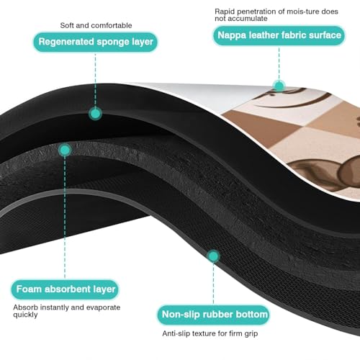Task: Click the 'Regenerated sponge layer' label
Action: tap(96, 42)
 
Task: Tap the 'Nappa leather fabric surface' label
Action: tap(279, 35)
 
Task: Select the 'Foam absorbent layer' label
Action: tap(65, 289)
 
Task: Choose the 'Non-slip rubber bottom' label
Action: tap(214, 315)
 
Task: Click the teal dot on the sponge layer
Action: tap(95, 114)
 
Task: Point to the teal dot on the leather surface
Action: tap(279, 86)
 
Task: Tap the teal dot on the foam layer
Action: tap(65, 150)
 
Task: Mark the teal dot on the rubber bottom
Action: tap(213, 256)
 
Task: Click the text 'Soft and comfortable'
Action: tap(96, 25)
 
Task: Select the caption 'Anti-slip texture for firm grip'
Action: tap(210, 333)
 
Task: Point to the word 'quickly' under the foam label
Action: tap(25, 315)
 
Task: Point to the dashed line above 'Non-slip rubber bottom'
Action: tap(213, 284)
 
